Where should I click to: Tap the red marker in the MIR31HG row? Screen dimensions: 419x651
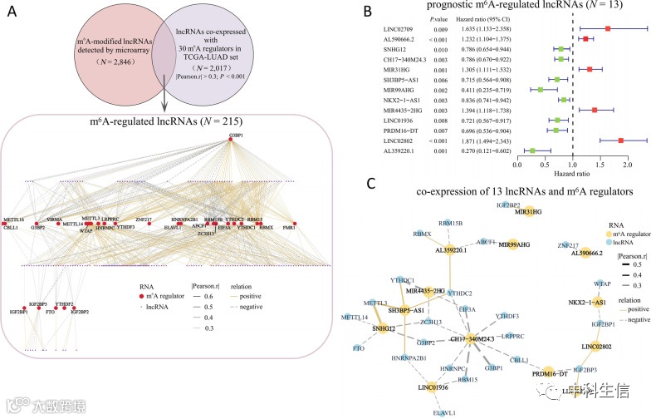(590, 69)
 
